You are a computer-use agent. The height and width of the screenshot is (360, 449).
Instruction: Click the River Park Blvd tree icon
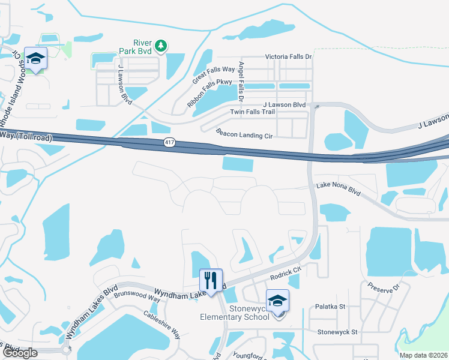pyautogui.click(x=160, y=45)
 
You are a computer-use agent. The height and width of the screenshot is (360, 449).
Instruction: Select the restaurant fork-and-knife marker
pyautogui.click(x=211, y=280)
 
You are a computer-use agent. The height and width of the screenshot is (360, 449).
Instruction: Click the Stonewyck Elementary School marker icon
pyautogui.click(x=277, y=301)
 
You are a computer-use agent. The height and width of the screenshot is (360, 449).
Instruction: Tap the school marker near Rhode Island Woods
pyautogui.click(x=35, y=58)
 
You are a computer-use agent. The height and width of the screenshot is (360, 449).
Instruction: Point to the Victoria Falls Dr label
pyautogui.click(x=289, y=57)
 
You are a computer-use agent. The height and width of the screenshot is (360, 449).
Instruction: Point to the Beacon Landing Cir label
pyautogui.click(x=244, y=134)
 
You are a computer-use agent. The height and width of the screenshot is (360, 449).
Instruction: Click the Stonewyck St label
pyautogui.click(x=337, y=331)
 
